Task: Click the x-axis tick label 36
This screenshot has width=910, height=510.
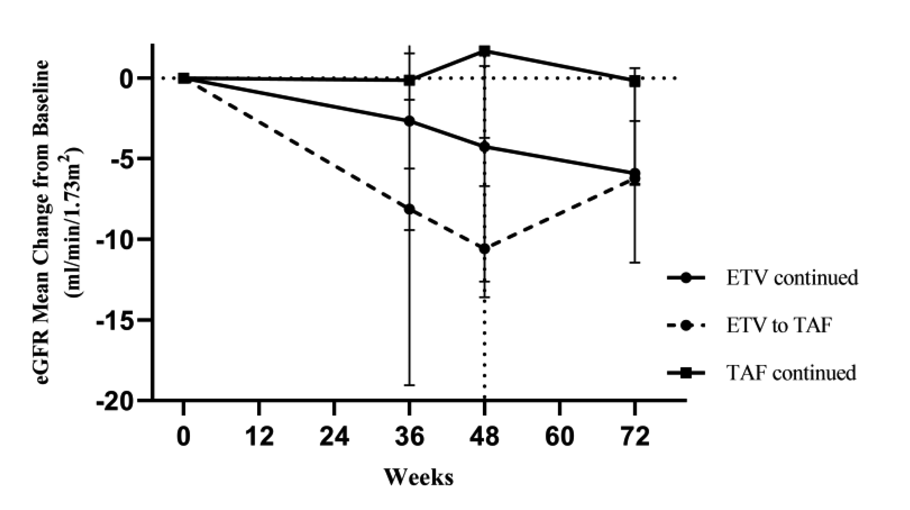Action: pos(409,437)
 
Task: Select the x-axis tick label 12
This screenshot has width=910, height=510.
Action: pos(260,437)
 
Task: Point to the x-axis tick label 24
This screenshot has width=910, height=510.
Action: pos(334,437)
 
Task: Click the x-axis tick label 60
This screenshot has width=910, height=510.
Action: pos(560,437)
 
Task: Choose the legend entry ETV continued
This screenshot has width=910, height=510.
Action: pos(791,278)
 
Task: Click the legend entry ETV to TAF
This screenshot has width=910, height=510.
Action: pos(777,325)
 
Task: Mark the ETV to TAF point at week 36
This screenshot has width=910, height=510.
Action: pos(409,209)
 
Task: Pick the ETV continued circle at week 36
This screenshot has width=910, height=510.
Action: pos(409,121)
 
